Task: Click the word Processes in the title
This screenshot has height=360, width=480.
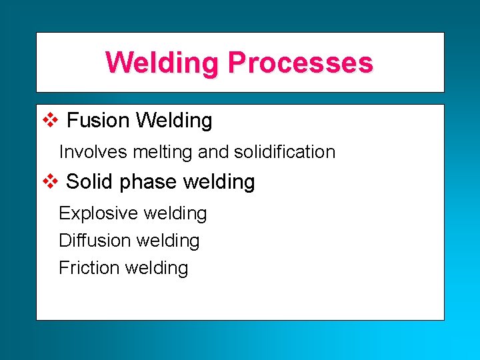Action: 300,63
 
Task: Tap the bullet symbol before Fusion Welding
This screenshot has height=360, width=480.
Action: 51,120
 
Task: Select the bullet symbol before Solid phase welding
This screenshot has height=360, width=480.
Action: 51,181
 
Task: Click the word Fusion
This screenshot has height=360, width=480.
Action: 99,121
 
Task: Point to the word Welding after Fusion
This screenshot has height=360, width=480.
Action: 174,121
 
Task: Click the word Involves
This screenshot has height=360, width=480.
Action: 93,152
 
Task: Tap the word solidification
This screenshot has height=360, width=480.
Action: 285,152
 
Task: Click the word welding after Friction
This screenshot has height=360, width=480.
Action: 157,268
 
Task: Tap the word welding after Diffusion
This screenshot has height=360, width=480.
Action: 168,241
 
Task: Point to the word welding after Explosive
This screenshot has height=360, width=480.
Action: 175,213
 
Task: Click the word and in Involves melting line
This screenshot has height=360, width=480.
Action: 213,152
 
